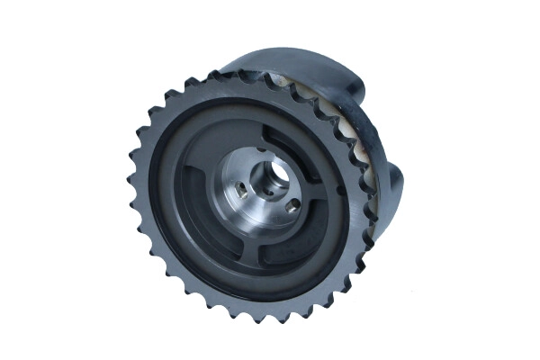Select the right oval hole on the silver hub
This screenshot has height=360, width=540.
coord(292,206)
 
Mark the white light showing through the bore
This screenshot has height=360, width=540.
coord(276,174)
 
